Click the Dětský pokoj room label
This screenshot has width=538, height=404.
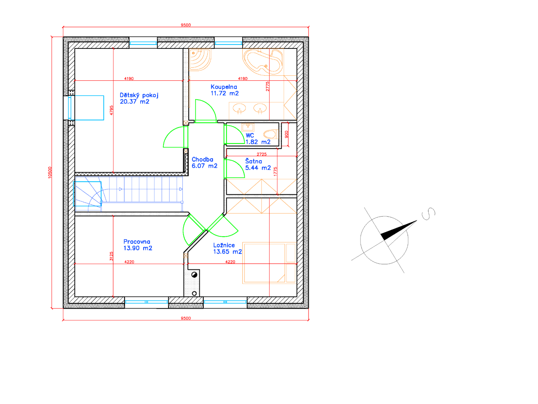click(x=139, y=98)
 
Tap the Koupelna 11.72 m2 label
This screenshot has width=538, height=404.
click(x=225, y=90)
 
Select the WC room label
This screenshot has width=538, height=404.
click(x=258, y=139)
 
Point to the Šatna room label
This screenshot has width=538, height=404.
click(x=258, y=165)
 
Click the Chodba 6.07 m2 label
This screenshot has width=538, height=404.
click(x=204, y=163)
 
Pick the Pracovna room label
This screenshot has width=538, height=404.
click(x=138, y=245)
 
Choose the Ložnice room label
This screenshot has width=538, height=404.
click(x=227, y=248)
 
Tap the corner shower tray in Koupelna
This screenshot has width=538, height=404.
click(x=200, y=60)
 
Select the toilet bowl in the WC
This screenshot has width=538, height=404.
click(x=271, y=134)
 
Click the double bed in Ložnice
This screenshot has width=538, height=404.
click(x=269, y=263)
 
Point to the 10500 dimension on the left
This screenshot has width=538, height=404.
click(x=50, y=172)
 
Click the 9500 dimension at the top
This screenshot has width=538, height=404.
click(x=186, y=25)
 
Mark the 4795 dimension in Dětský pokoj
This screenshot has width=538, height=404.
click(x=112, y=110)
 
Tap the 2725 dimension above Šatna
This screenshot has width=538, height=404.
click(x=262, y=154)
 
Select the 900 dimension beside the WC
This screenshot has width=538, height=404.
click(x=286, y=134)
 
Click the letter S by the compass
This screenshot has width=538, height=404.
click(x=428, y=214)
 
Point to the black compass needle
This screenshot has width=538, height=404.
click(x=398, y=230)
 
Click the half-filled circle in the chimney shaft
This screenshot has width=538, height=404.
click(x=194, y=275)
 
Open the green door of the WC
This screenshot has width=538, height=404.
click(x=234, y=134)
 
